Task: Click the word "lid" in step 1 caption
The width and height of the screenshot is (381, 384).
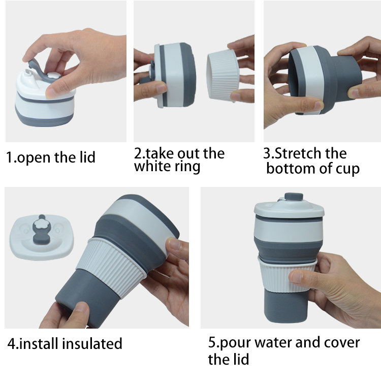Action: [87, 157]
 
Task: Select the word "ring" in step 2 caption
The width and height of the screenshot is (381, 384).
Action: [187, 167]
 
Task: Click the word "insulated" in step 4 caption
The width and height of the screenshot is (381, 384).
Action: [92, 343]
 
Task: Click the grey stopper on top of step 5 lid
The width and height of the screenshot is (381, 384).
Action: [294, 197]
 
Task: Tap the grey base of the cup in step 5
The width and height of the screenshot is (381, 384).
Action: [285, 307]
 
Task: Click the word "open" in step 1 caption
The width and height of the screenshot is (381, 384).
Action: [34, 157]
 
